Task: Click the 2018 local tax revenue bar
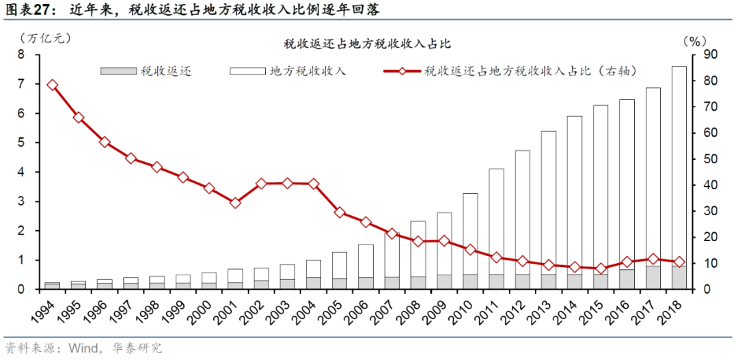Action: [679, 164]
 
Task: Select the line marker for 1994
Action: [53, 85]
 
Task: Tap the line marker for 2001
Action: [235, 203]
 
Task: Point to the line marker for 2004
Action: [314, 184]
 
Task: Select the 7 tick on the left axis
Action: [20, 84]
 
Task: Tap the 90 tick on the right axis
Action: [710, 55]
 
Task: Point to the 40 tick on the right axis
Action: [710, 185]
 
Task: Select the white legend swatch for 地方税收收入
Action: [246, 71]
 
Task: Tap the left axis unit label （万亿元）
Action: [45, 39]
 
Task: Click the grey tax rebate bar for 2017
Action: [653, 277]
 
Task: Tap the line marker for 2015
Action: [601, 268]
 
